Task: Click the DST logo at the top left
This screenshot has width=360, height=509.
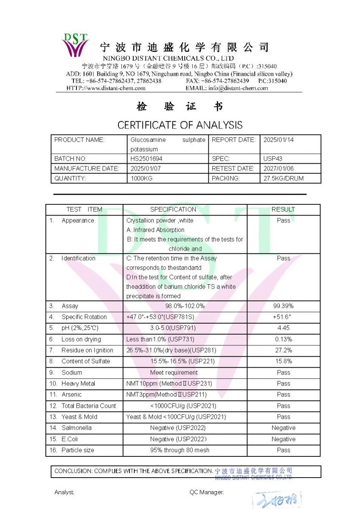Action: [75, 45]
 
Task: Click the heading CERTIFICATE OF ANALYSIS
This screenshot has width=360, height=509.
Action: [180, 125]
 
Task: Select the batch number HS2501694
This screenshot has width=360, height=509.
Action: [146, 159]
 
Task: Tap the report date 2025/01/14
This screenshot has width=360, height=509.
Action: [278, 140]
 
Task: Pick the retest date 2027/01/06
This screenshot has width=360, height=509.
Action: [278, 168]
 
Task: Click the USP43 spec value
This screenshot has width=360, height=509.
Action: [273, 159]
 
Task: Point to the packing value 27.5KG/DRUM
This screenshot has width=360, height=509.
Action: [284, 179]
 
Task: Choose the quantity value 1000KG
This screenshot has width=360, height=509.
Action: [141, 179]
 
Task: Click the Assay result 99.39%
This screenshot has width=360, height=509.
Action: [283, 306]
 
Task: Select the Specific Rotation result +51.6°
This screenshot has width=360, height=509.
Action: [283, 317]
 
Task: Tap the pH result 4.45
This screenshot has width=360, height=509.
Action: [283, 328]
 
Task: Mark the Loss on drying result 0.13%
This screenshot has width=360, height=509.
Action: [283, 339]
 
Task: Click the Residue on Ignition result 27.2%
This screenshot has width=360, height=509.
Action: [283, 350]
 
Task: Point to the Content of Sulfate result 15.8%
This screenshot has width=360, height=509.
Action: [283, 361]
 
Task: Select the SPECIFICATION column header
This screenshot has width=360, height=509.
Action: [173, 210]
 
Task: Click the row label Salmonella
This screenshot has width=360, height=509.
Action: [76, 428]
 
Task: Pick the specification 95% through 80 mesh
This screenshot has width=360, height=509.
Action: [180, 450]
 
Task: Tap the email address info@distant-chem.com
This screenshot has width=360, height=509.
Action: [238, 88]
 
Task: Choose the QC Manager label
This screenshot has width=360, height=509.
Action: [206, 492]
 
